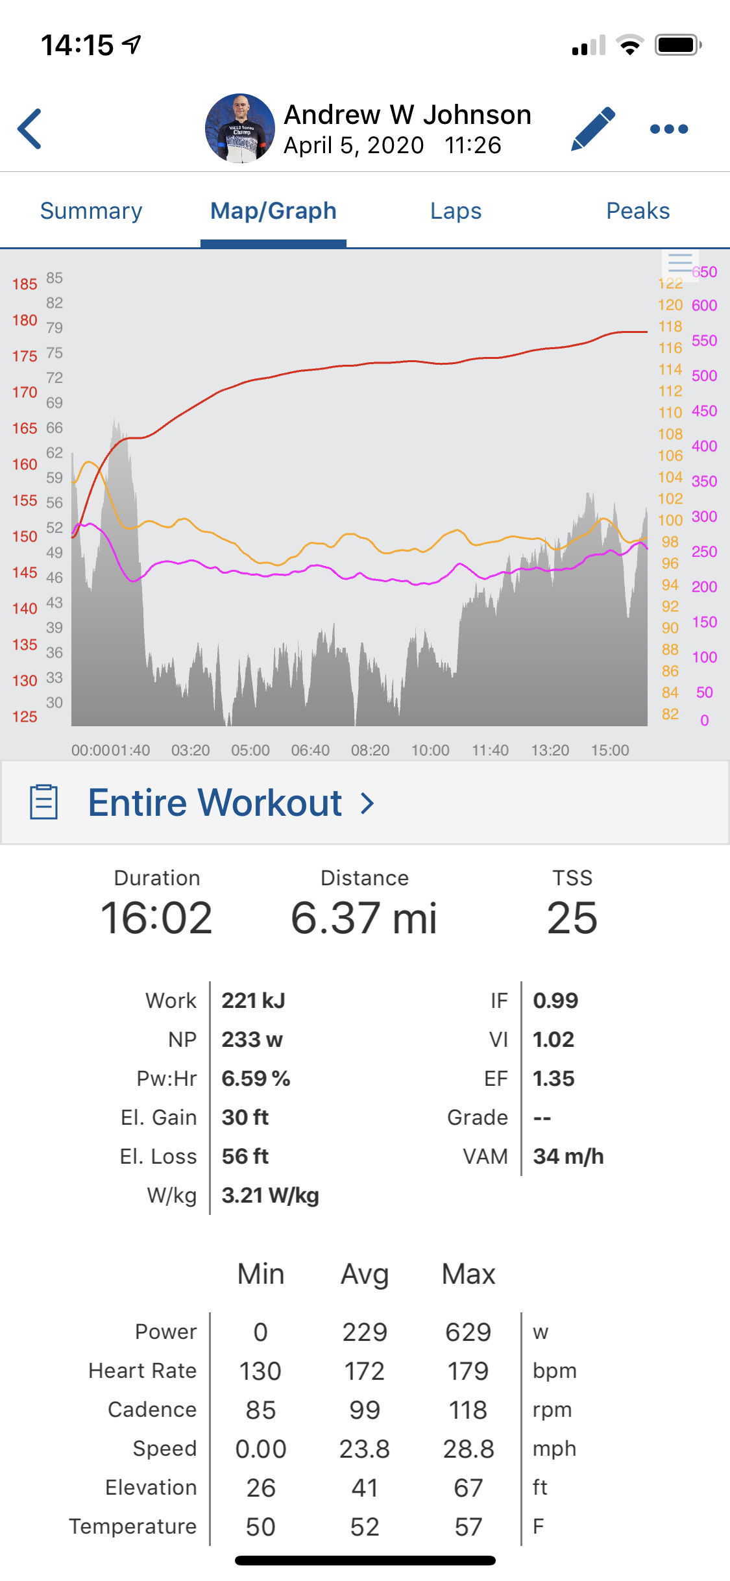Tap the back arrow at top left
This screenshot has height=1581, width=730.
[x=30, y=129]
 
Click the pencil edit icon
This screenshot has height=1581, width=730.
[x=593, y=129]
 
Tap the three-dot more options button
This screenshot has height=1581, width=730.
[x=669, y=129]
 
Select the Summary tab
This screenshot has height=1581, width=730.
[x=91, y=211]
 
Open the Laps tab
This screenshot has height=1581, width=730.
[x=456, y=211]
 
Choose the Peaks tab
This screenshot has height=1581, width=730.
[x=638, y=211]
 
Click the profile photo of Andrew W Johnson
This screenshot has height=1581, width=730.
[x=240, y=129]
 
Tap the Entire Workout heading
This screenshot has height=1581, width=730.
[x=215, y=803]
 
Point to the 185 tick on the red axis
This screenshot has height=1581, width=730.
[x=25, y=284]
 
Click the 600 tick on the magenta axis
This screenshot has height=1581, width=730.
[x=705, y=305]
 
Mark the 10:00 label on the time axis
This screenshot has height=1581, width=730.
[x=430, y=750]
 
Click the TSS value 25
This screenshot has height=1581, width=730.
[x=572, y=918]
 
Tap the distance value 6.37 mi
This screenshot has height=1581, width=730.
[x=364, y=918]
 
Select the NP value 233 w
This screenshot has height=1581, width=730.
[x=252, y=1040]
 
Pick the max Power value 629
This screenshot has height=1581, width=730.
[x=468, y=1332]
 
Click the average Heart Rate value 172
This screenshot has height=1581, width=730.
[x=364, y=1371]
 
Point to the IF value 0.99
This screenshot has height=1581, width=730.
[x=555, y=1001]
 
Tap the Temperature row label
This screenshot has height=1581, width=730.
[x=133, y=1526]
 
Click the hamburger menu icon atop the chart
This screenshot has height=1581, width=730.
[x=680, y=263]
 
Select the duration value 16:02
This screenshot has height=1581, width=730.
[x=156, y=918]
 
